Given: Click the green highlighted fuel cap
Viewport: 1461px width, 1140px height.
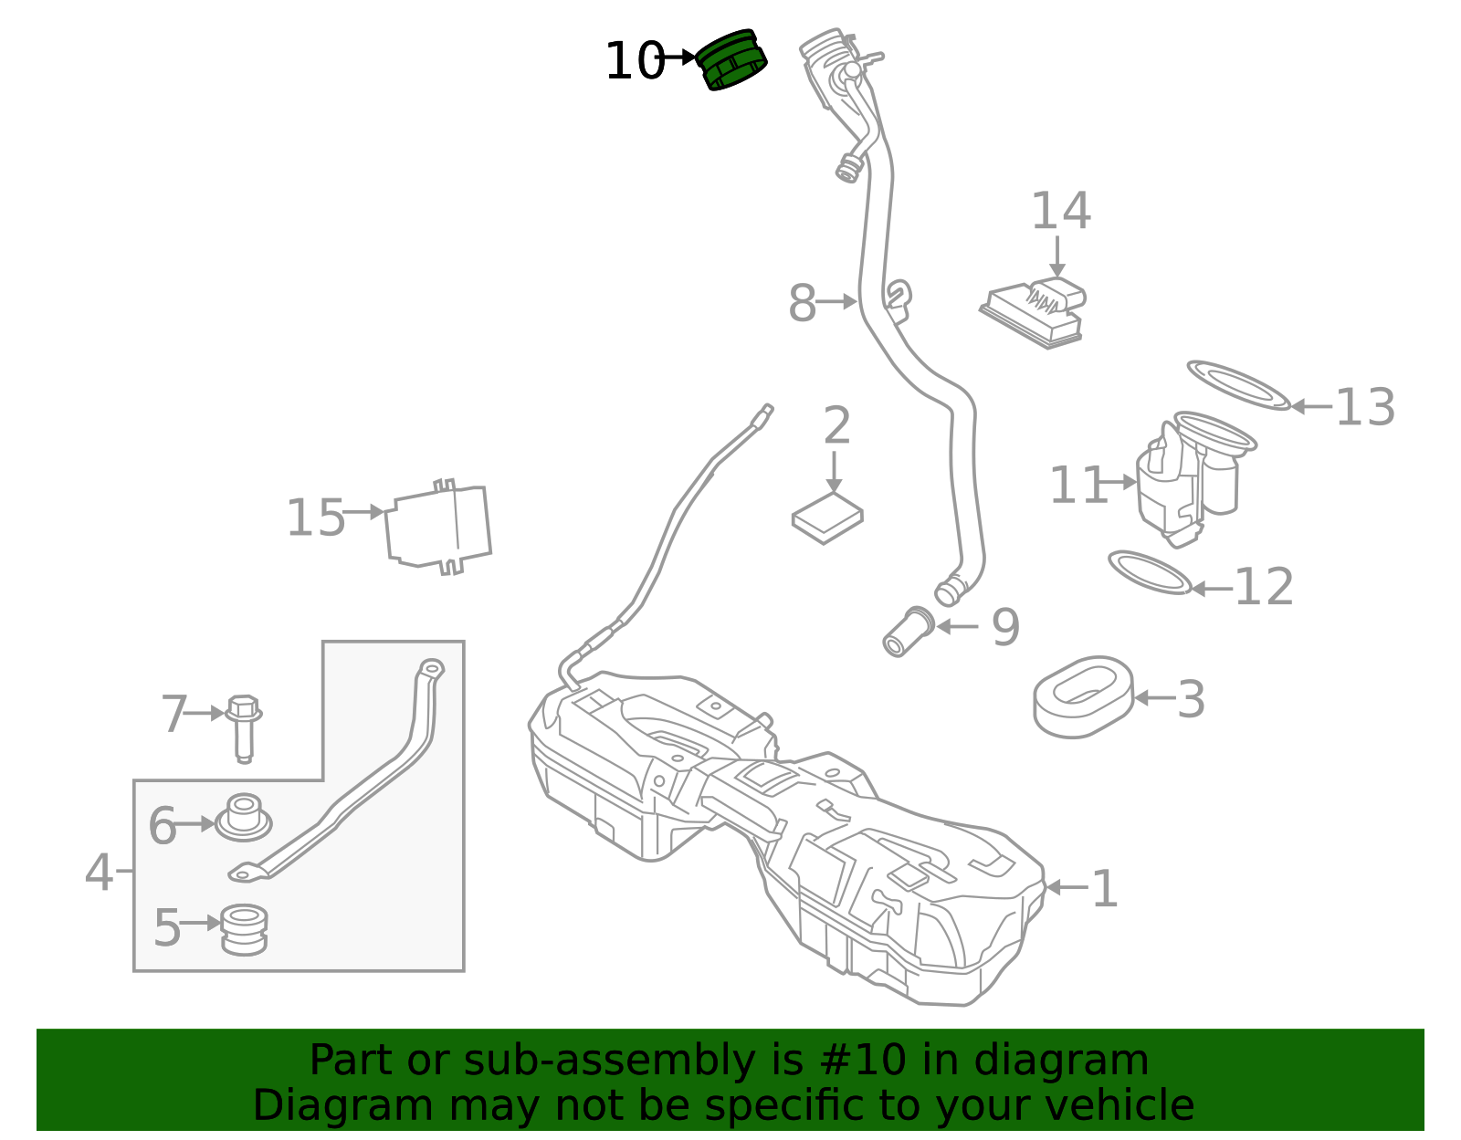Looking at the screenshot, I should [731, 60].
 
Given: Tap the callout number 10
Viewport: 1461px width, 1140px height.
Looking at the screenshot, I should [634, 62].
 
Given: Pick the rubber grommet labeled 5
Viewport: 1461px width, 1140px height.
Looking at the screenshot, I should [244, 928].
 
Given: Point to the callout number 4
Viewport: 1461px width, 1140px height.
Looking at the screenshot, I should [99, 873].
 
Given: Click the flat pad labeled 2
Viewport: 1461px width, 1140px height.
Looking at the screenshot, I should [827, 518].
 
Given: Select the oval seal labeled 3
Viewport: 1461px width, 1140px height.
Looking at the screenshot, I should [1083, 696].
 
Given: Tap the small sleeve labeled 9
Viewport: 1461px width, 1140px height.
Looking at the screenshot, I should [908, 631].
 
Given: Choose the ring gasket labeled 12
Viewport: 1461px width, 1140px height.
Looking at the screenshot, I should [1150, 572].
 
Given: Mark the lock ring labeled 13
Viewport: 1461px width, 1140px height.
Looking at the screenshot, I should [1238, 384].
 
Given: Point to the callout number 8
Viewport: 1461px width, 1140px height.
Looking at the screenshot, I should [802, 303].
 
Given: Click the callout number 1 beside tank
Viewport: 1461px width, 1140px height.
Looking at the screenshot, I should [1105, 888].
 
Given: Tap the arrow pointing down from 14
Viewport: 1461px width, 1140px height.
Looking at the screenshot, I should [1057, 256].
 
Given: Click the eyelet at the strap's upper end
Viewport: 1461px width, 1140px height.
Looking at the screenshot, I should [431, 669].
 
